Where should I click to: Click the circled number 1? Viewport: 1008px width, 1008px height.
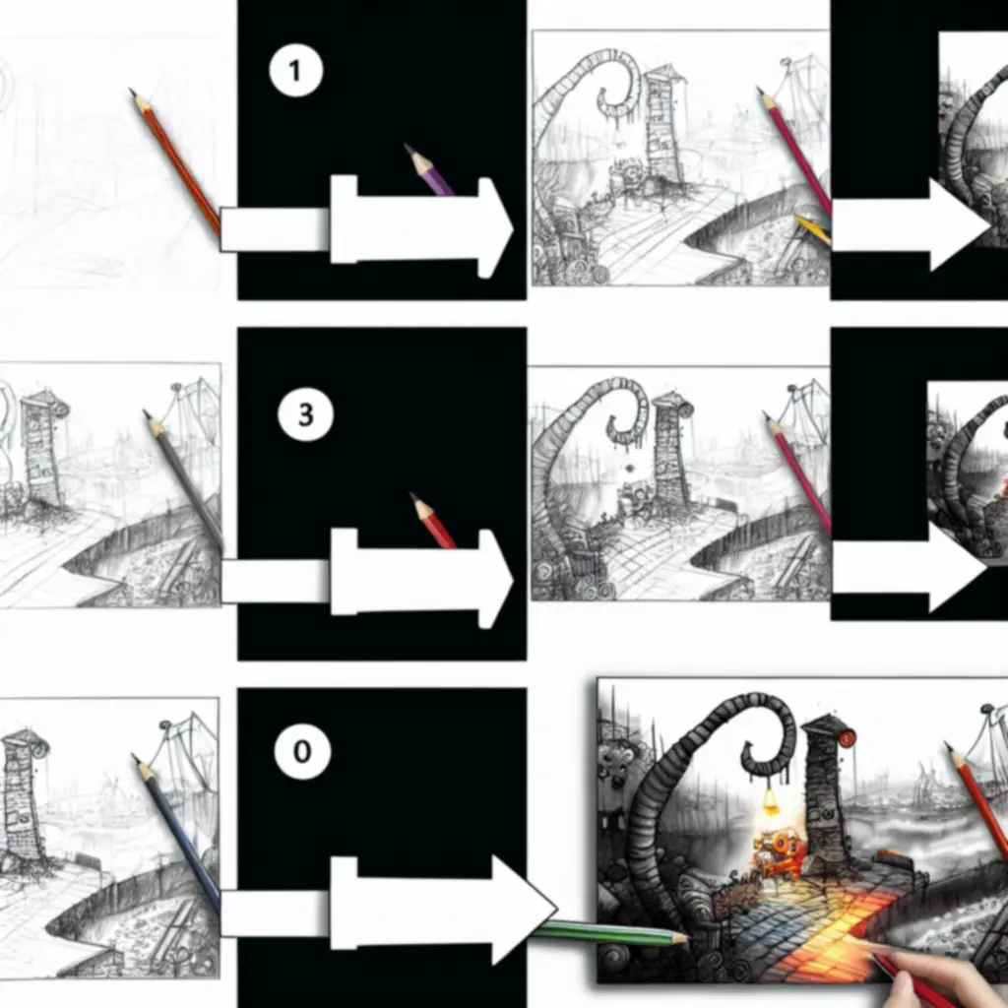click(x=295, y=70)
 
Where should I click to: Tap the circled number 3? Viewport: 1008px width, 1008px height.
click(x=305, y=414)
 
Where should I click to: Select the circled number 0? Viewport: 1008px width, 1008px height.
click(x=302, y=751)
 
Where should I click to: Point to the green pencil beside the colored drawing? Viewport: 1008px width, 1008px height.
click(x=609, y=933)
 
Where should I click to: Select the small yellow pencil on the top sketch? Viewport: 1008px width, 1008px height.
click(x=812, y=229)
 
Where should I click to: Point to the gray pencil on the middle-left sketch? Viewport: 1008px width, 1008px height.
click(x=183, y=479)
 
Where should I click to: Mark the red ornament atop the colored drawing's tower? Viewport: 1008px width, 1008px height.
click(x=847, y=738)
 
